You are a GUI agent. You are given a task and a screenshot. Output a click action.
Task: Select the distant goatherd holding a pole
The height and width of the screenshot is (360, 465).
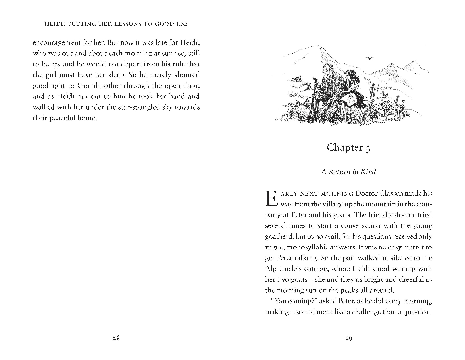click(x=372, y=91)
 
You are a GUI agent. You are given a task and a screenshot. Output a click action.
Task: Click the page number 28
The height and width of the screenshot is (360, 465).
click(x=116, y=338)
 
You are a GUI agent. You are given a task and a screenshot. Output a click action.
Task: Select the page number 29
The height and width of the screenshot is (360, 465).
click(x=349, y=338)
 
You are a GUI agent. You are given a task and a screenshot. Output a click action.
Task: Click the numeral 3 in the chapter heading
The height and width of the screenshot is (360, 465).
click(x=368, y=148)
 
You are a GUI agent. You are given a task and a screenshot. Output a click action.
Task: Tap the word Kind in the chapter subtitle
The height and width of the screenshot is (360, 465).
click(x=368, y=172)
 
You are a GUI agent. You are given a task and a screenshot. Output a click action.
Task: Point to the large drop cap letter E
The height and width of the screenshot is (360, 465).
click(x=271, y=199)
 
